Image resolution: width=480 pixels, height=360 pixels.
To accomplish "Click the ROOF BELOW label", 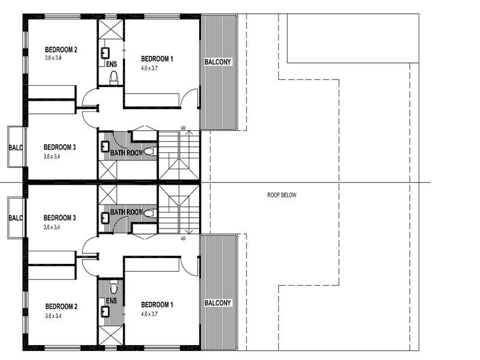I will pyautogui.click(x=281, y=195).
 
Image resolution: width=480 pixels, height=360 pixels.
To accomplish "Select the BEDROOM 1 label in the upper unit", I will pyautogui.click(x=157, y=58).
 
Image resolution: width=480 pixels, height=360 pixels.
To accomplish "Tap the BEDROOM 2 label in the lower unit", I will pyautogui.click(x=61, y=305).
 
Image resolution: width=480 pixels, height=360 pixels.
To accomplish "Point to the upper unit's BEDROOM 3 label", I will pyautogui.click(x=59, y=146).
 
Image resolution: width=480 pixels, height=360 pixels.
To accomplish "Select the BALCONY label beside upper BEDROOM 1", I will pyautogui.click(x=218, y=62).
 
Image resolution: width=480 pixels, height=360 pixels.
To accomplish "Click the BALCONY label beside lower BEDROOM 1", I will pyautogui.click(x=218, y=303).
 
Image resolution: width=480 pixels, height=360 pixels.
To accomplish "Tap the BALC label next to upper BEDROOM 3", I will pyautogui.click(x=15, y=147).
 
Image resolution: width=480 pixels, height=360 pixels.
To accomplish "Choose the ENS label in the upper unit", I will pyautogui.click(x=112, y=64).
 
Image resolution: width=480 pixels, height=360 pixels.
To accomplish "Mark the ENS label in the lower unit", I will pyautogui.click(x=112, y=301).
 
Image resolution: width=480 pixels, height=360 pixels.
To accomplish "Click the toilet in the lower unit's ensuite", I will pyautogui.click(x=114, y=289).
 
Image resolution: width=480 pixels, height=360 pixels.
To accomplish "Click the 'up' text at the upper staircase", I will pyautogui.click(x=183, y=127).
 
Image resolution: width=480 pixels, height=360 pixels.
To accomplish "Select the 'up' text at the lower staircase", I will pyautogui.click(x=183, y=238).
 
